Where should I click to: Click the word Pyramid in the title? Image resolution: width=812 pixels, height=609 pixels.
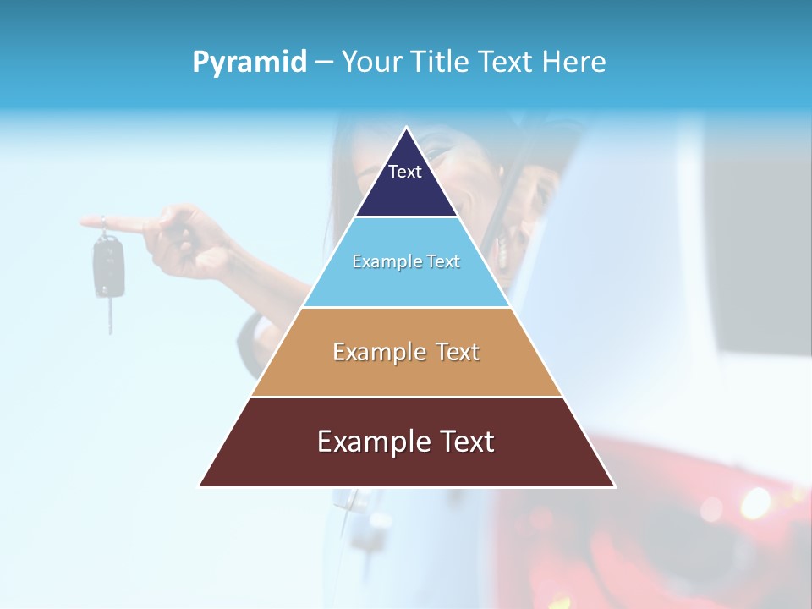249,63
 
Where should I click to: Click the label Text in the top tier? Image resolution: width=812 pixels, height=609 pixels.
405,172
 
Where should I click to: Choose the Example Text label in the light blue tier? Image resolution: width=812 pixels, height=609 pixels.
406,262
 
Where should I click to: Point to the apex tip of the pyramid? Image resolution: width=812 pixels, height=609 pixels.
407,129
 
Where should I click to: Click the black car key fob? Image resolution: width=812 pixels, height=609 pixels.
107,266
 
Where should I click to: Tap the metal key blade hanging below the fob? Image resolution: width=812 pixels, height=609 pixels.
109,316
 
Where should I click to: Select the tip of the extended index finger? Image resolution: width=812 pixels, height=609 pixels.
85,222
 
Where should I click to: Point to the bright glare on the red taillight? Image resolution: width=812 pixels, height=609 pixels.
755,504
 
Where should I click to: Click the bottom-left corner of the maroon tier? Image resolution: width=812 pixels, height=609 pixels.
201,486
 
